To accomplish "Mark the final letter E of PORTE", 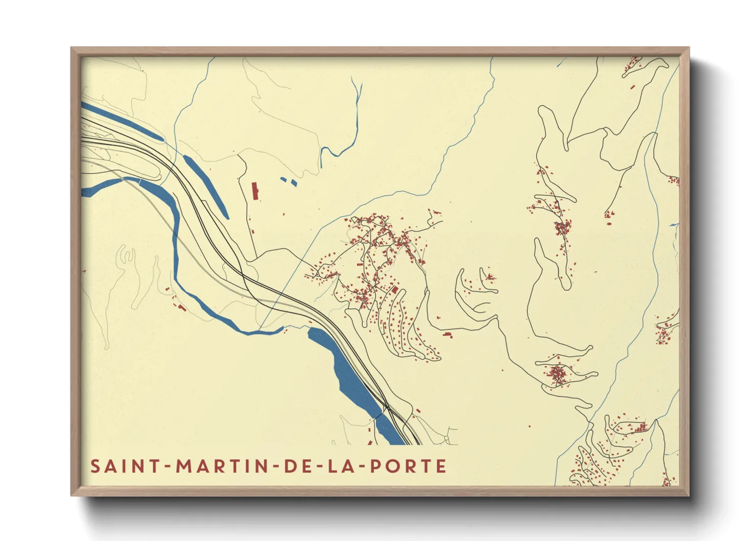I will pos(442,466).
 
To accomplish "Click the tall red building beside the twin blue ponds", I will pos(255,191).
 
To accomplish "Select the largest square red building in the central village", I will pos(395,290).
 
